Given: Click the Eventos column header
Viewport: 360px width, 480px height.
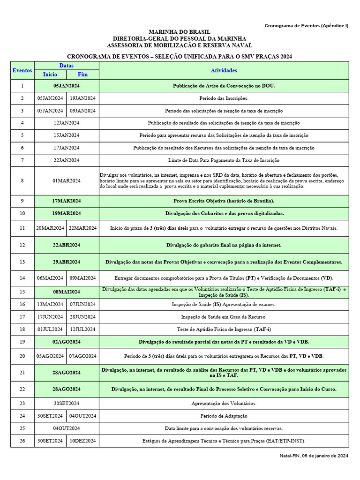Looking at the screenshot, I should point(22,70).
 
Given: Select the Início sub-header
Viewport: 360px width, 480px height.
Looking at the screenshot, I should point(50,74).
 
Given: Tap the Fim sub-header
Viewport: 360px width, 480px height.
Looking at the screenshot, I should point(82,74).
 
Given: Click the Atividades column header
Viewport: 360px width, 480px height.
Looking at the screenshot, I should point(224,70).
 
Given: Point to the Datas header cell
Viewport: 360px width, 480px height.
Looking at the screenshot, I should point(66,66).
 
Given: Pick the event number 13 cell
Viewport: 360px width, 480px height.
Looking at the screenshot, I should point(22,262).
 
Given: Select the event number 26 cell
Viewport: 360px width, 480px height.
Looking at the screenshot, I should point(22,441).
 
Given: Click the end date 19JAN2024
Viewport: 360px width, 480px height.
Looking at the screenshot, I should point(82,98).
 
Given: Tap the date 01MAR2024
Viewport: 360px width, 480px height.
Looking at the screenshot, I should point(66,180).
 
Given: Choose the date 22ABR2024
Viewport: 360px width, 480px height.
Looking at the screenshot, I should point(66,245).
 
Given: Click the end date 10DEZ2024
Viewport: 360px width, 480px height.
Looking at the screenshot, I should point(82,441).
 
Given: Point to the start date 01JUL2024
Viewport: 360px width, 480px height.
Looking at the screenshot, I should point(50,329).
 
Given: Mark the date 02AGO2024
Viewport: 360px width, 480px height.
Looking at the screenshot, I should point(66,342).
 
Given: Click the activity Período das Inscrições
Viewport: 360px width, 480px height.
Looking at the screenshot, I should point(224,98).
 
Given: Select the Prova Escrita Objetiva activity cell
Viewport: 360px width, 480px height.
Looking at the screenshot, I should point(224,201).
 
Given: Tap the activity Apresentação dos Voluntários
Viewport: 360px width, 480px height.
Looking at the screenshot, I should point(224,403).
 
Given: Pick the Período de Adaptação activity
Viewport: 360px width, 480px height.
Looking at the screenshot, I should point(224,416).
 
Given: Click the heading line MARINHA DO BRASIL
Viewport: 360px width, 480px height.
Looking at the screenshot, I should point(180,31).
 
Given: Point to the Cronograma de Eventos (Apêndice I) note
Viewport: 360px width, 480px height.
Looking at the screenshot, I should point(306,26).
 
